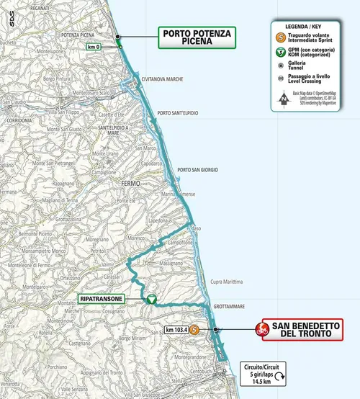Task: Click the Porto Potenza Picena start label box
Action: [199, 37]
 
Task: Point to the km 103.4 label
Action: [176, 330]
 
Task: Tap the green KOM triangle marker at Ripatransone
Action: [150, 299]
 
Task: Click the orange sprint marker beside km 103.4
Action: [195, 330]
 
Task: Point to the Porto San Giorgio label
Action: [197, 170]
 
